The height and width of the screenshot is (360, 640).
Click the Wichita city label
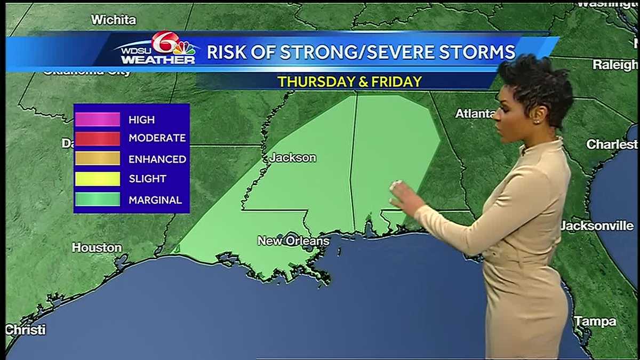coord(114,20)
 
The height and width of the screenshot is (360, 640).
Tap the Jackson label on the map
coord(292,158)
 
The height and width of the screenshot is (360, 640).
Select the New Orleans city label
coord(293,241)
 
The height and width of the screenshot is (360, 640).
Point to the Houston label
coord(97,247)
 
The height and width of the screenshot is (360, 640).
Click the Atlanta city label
coord(475,114)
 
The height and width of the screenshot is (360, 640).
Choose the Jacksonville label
coord(597,226)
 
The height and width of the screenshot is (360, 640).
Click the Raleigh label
coord(615,65)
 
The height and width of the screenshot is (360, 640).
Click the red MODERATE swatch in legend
coord(98,139)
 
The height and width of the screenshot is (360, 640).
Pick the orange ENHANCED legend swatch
coord(98,159)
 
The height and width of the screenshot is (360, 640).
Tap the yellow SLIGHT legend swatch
coord(98,179)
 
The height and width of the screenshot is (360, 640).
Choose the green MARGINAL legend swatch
coord(98,200)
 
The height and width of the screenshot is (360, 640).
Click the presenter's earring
coord(535,121)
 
